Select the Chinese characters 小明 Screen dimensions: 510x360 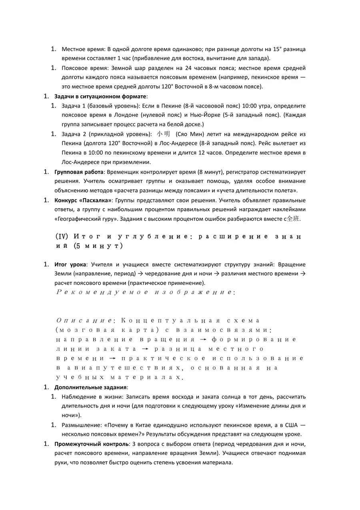[164, 134]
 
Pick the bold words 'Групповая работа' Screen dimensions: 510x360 [79, 172]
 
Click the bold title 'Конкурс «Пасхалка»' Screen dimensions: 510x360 [83, 200]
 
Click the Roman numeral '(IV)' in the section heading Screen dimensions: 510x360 [62, 236]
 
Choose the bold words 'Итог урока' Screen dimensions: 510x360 [70, 264]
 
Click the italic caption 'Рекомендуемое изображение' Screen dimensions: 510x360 [144, 292]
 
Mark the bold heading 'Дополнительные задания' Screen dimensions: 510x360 [90, 387]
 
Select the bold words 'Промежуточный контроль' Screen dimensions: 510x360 [91, 444]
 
